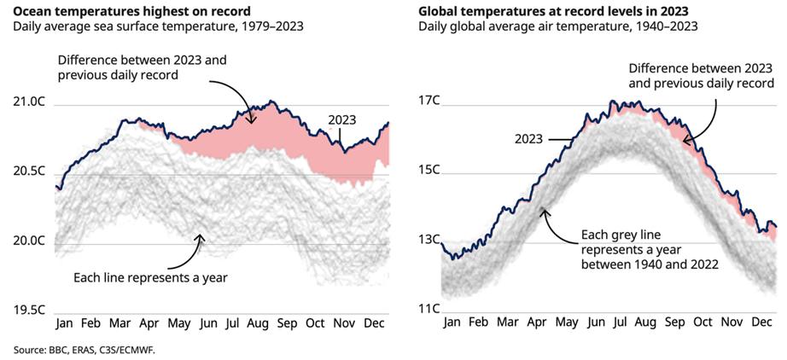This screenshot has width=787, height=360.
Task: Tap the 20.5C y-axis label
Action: point(30,171)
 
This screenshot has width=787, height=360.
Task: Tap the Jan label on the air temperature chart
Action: point(452,323)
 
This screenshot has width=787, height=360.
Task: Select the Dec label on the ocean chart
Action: point(373,323)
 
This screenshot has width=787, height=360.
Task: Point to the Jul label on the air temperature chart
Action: point(617,323)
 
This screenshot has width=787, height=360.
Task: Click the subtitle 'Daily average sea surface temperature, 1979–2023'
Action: point(158,26)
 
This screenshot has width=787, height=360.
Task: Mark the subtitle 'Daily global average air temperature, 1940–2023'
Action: point(557,26)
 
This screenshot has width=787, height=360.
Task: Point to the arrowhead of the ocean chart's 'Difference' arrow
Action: point(251,122)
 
